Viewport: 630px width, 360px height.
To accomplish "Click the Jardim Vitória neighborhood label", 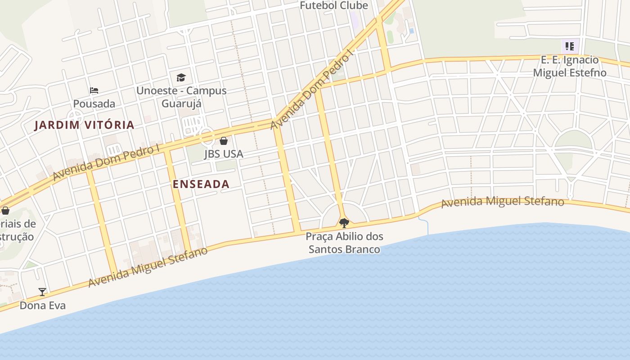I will tap(85, 125).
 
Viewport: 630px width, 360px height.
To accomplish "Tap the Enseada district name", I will tap(201, 184).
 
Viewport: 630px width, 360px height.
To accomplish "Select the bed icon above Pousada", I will tap(94, 90).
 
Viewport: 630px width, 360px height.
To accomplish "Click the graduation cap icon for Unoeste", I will tap(181, 78).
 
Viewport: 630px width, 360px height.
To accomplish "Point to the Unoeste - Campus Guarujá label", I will tap(181, 97).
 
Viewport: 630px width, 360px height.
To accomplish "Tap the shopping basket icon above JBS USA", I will tap(224, 141).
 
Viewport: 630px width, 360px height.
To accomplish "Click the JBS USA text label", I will tap(224, 154).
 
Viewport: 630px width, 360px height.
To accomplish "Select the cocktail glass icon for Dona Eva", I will tap(42, 292).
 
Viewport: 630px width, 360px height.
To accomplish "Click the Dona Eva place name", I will tap(42, 306).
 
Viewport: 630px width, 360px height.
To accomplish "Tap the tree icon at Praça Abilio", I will tap(344, 223).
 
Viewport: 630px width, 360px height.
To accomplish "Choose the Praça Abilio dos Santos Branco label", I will tap(344, 243).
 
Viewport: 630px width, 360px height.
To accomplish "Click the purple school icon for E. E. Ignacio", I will tap(570, 46).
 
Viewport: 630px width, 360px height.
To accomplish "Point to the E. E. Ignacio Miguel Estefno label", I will tap(570, 66).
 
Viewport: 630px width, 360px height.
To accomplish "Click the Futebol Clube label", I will tap(334, 5).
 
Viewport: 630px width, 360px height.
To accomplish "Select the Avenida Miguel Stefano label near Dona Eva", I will tap(148, 267).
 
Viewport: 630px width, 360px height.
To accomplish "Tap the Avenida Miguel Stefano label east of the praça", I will tap(502, 202).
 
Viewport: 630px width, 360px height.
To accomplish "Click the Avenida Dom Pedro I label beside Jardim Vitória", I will tap(106, 162).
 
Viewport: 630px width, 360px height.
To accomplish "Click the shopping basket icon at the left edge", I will tap(5, 210).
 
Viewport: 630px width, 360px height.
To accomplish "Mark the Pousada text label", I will tap(94, 104).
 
